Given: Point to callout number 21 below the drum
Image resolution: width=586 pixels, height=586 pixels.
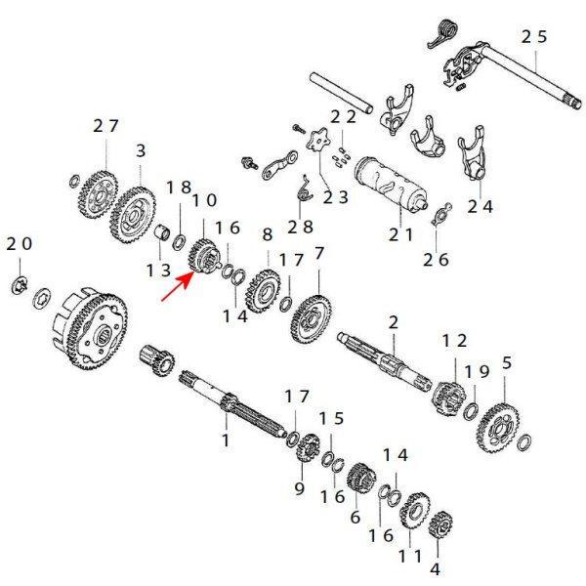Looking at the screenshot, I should (x=401, y=234).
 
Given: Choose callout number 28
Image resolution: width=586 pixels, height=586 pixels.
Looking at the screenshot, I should (x=300, y=227).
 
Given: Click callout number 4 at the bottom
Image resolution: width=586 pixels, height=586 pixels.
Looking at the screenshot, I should (x=436, y=566).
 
